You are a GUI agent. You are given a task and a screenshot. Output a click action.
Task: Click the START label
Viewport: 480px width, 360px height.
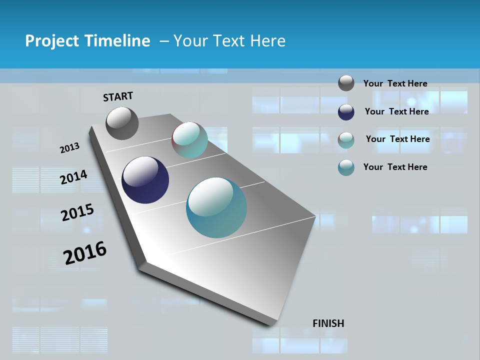click(x=118, y=96)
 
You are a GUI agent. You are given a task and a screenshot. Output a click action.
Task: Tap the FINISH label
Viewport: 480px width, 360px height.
click(x=328, y=323)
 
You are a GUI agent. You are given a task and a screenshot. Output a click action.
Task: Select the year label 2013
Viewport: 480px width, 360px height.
click(x=70, y=148)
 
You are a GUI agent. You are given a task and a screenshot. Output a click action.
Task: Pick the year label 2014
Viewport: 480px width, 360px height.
click(x=74, y=177)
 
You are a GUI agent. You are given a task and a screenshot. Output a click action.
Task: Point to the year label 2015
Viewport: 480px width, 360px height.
click(x=77, y=212)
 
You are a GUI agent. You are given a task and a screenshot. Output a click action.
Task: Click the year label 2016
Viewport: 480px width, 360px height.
click(x=85, y=252)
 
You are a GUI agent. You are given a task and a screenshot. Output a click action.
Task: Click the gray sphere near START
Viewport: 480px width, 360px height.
click(x=122, y=123)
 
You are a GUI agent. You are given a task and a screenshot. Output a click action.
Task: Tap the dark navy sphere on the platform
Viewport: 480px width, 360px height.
click(x=145, y=180)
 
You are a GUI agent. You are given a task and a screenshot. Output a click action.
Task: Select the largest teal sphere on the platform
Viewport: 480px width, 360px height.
click(x=216, y=207)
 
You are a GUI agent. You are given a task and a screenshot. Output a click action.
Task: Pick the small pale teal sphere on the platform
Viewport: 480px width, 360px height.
click(x=189, y=140)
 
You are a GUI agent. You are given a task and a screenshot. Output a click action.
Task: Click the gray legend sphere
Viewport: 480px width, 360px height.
click(x=346, y=83)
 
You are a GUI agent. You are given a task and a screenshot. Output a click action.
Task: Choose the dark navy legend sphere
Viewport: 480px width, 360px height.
click(x=346, y=112)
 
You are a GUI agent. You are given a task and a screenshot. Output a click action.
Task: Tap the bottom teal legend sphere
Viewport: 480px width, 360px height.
click(x=346, y=167)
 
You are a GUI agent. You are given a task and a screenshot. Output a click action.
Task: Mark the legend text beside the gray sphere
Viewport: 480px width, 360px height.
click(x=395, y=83)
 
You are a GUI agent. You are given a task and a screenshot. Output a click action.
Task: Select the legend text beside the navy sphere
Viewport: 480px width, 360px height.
click(x=396, y=111)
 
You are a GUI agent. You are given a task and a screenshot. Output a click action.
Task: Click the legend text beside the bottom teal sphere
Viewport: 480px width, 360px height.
click(x=395, y=167)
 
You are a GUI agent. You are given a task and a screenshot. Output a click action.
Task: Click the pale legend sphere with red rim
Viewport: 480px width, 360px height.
click(x=346, y=140)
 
